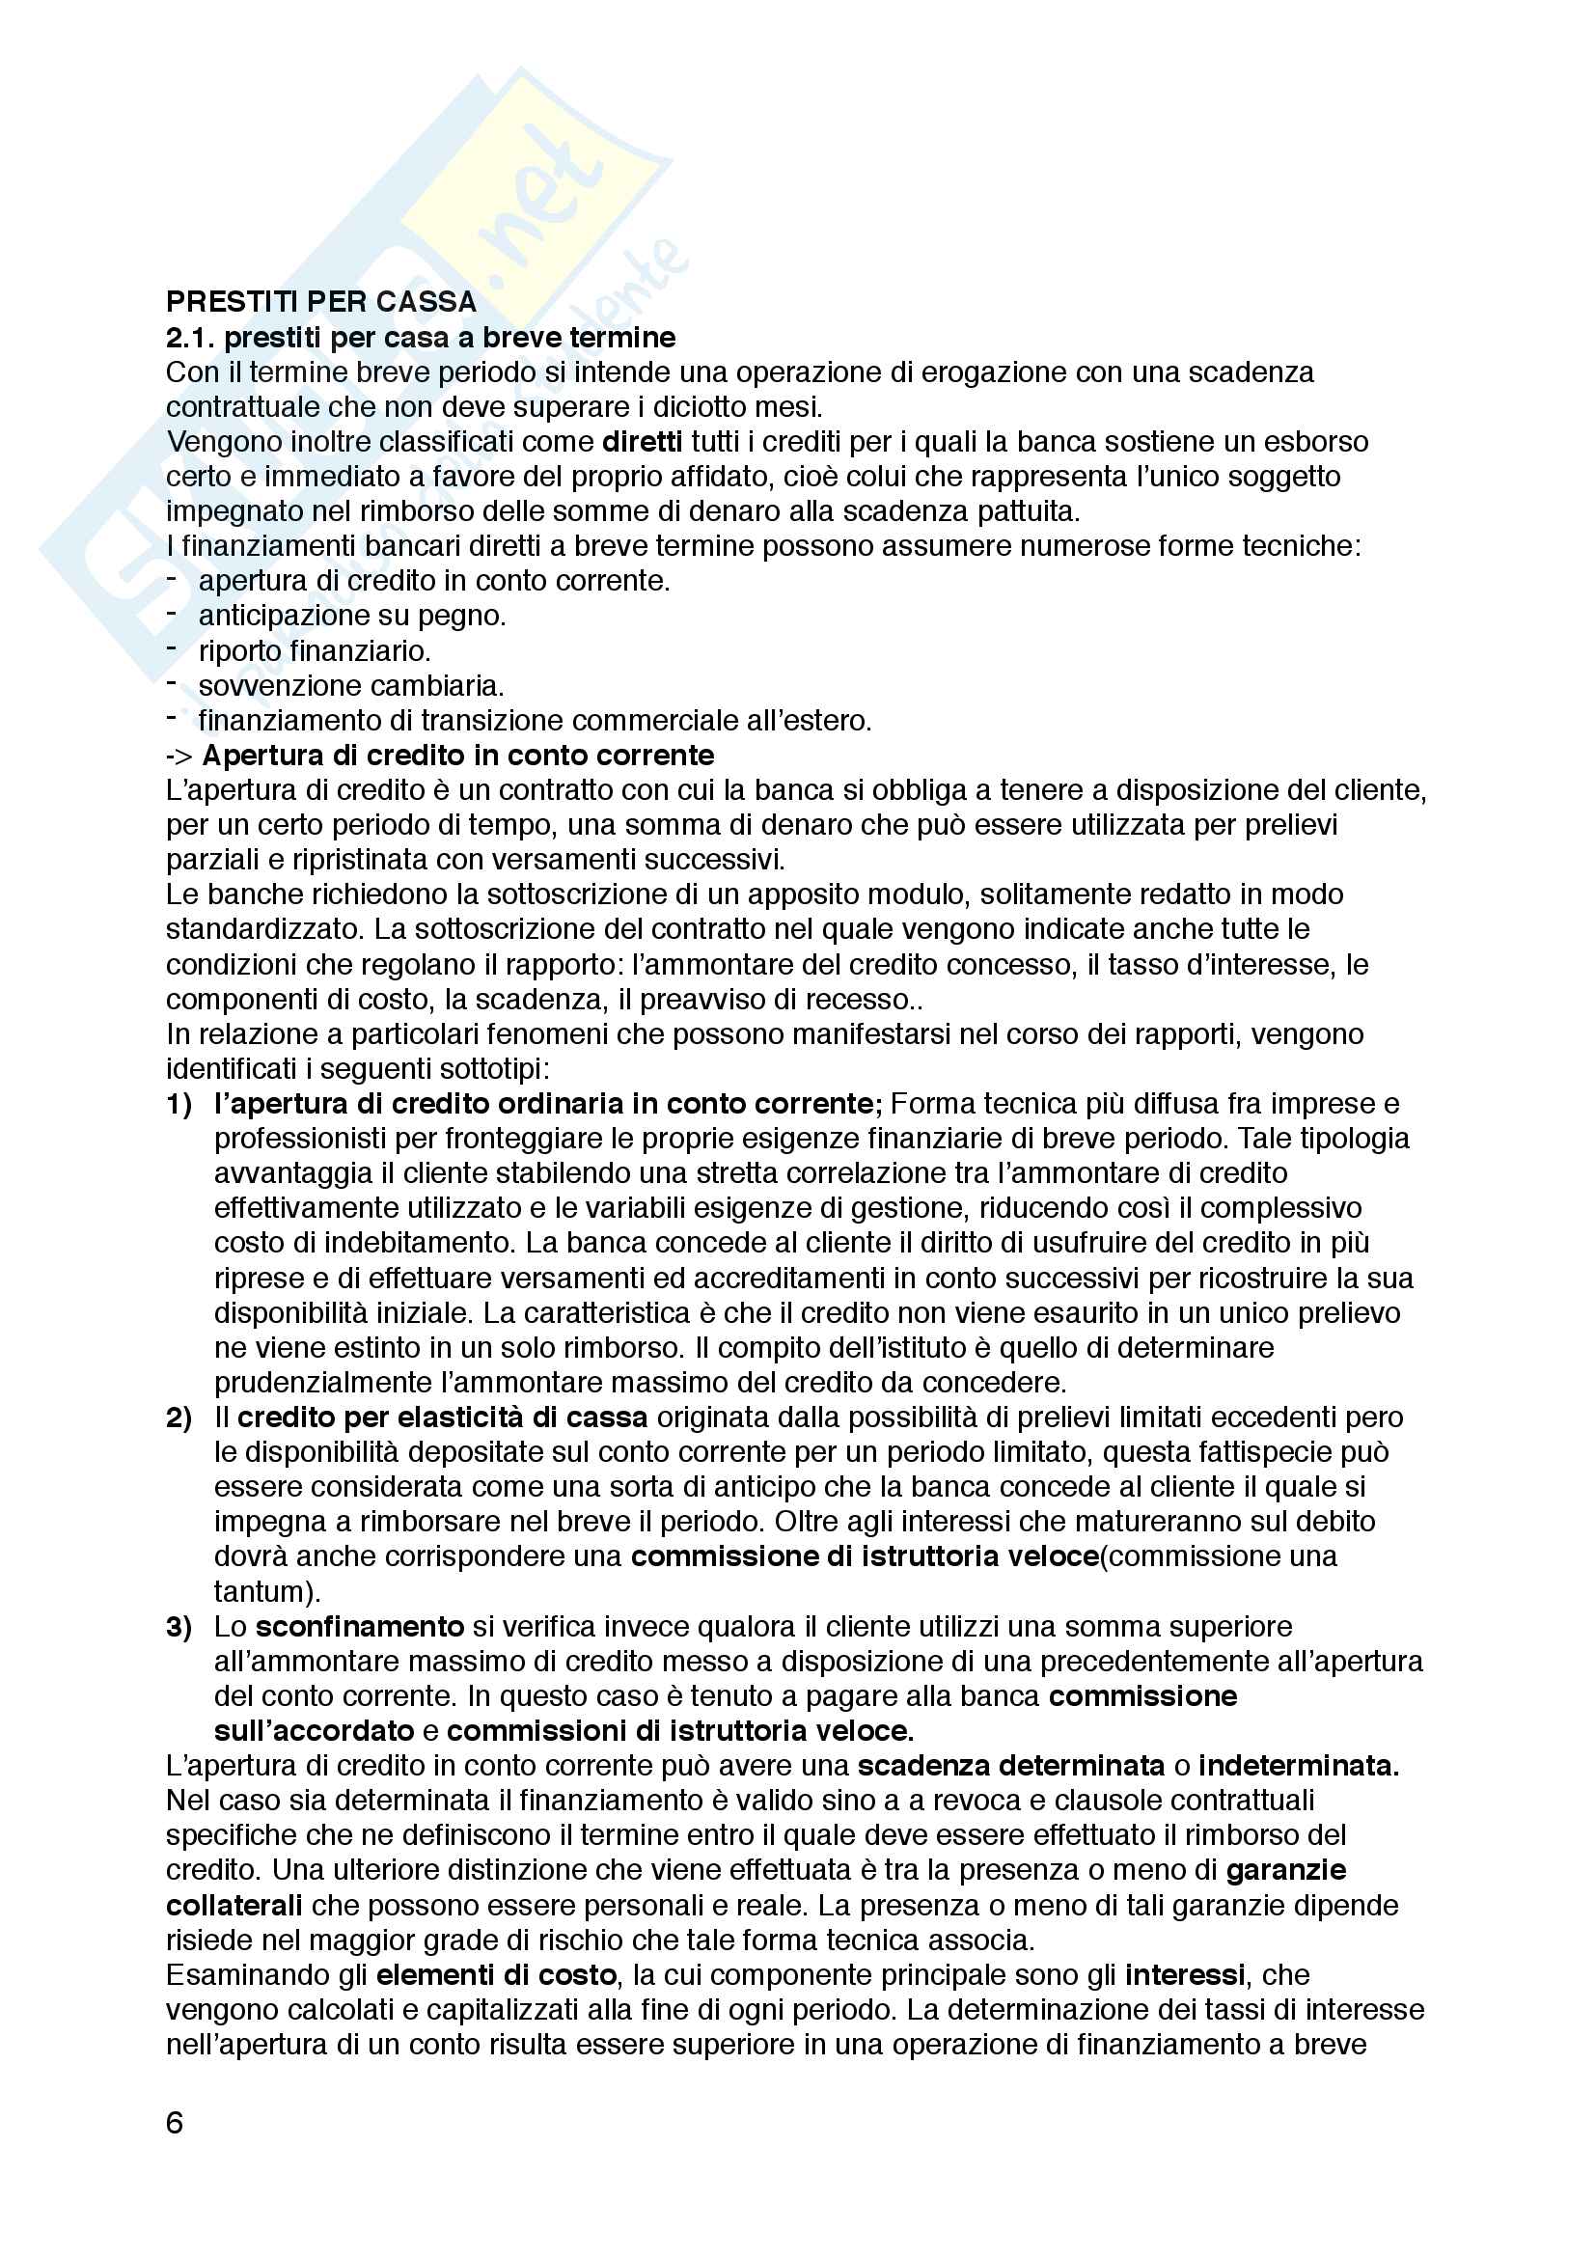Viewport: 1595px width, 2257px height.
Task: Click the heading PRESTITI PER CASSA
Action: tap(320, 302)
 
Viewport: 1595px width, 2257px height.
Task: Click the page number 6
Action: tap(175, 2122)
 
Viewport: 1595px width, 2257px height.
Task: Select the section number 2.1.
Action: tap(190, 337)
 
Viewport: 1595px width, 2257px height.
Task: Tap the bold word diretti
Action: tap(642, 441)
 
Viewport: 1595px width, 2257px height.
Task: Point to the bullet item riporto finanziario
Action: tap(315, 650)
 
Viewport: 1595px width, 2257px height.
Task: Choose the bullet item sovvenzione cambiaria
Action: tap(351, 685)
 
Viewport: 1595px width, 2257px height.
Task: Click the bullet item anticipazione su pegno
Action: tap(352, 616)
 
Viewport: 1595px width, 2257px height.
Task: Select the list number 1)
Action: tap(179, 1104)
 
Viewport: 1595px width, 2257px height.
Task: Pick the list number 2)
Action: tap(179, 1418)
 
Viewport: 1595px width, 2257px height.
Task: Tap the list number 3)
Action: tap(179, 1627)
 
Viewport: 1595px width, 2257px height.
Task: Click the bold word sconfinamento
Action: tap(360, 1627)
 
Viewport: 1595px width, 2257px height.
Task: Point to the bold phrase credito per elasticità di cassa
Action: tap(442, 1418)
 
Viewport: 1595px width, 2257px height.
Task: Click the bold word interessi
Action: tap(1185, 1975)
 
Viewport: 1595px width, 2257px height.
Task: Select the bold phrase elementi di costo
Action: tap(496, 1975)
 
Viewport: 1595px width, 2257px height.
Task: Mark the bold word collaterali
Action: tap(234, 1905)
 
